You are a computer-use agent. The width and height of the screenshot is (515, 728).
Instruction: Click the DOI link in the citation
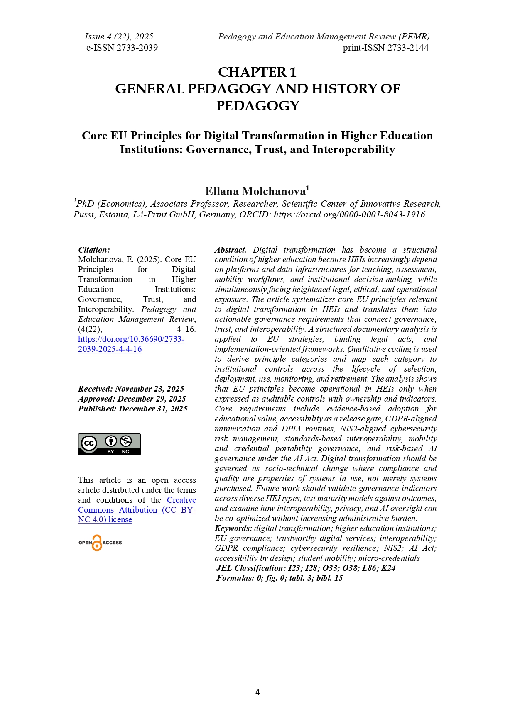tap(131, 344)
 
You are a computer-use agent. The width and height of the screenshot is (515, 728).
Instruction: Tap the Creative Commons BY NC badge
tap(109, 444)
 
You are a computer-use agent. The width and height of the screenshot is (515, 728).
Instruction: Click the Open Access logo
tap(100, 543)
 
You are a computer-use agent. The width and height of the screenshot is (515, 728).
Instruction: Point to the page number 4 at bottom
tap(257, 692)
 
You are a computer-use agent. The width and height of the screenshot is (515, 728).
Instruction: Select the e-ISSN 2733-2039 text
tap(122, 48)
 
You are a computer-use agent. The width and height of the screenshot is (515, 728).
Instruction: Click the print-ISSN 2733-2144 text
tap(385, 48)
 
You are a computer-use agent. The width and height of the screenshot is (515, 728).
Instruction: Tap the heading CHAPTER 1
tap(257, 72)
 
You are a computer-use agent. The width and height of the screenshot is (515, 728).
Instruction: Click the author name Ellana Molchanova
tap(255, 191)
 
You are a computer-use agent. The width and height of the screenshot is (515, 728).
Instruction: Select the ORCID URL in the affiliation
tap(349, 214)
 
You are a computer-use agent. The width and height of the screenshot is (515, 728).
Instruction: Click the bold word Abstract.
tap(231, 250)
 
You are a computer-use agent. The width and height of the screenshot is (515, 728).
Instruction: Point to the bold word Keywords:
tap(233, 528)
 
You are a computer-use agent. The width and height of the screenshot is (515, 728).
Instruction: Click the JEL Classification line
tap(306, 568)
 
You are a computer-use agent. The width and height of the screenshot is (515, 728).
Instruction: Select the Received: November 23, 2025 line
tap(131, 389)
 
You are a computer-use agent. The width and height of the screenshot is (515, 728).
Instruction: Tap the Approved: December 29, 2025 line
tap(132, 399)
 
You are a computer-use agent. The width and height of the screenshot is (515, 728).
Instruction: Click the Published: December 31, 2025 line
tap(132, 409)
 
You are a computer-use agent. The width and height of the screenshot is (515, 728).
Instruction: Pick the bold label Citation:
tap(94, 250)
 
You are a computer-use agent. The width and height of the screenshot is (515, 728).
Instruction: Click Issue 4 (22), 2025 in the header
tap(119, 37)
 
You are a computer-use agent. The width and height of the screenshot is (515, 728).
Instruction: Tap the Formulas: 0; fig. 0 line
tap(280, 578)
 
